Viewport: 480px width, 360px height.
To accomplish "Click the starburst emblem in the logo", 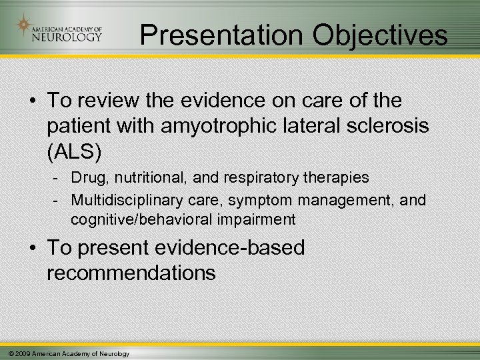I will click(x=25, y=26).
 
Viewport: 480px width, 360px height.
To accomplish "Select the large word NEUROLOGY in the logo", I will click(x=67, y=37).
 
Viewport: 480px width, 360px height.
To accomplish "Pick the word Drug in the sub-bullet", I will click(x=85, y=179).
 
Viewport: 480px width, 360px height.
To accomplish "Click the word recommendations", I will click(x=131, y=272).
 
